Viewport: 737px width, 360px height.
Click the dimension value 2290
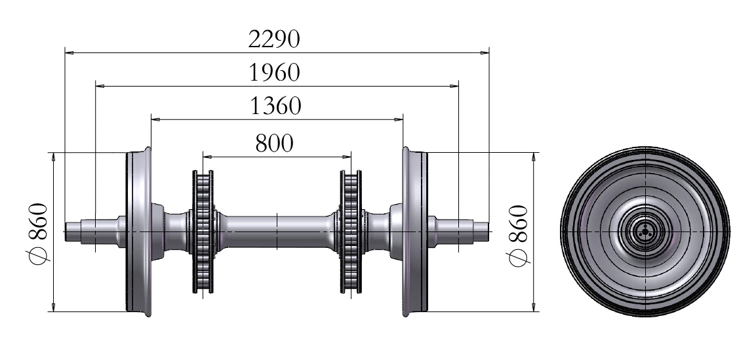point(274,39)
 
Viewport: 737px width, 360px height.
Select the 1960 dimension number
point(274,72)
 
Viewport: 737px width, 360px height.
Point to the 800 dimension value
point(275,143)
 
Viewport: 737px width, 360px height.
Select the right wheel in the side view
point(415,232)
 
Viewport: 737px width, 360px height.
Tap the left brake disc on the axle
point(203,232)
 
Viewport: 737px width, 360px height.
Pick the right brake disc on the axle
point(350,232)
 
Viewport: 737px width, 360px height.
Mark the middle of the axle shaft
point(277,231)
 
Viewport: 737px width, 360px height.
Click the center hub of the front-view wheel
point(645,231)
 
